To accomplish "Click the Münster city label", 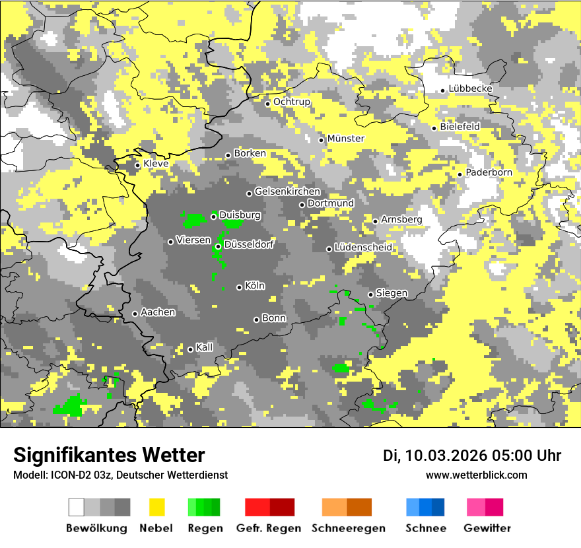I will click(x=346, y=139).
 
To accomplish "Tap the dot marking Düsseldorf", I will click(x=218, y=246).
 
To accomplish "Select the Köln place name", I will click(x=255, y=286).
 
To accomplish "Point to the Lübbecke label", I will click(x=471, y=88).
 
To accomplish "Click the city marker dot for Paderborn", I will click(x=460, y=174).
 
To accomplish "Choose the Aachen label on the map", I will click(x=158, y=312).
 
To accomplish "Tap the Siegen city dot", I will click(x=370, y=294).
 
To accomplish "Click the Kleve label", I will click(x=156, y=164).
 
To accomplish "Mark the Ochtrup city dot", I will click(x=267, y=103).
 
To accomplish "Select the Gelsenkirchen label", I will click(x=287, y=191).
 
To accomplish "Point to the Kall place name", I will click(x=205, y=347).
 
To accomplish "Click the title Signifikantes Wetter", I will click(x=109, y=455).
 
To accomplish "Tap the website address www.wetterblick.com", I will click(x=477, y=475).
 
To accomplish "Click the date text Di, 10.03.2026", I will click(x=434, y=456).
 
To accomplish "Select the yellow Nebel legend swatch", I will click(x=157, y=507).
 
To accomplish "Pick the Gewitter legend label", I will click(x=487, y=528).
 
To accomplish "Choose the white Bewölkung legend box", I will click(x=77, y=507).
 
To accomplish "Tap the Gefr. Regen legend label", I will click(x=269, y=528).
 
